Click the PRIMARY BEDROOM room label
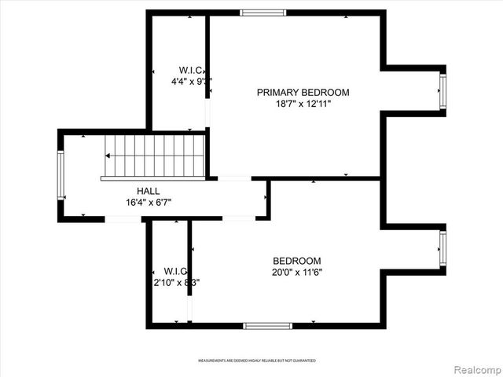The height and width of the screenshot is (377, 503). click(303, 92)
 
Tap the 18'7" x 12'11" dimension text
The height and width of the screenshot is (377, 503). click(303, 104)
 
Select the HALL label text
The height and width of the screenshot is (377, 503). click(148, 191)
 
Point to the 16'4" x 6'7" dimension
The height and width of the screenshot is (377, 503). click(149, 202)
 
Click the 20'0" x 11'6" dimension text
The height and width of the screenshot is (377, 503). click(297, 273)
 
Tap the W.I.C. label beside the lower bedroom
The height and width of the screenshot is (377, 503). click(175, 271)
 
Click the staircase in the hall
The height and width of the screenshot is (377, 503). click(155, 156)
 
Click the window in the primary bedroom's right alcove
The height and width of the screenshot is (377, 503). click(442, 91)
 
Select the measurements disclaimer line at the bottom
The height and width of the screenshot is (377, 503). click(256, 361)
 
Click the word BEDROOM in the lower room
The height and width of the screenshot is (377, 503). click(297, 262)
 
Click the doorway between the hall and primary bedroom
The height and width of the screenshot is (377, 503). click(234, 178)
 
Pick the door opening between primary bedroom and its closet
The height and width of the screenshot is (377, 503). click(208, 115)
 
